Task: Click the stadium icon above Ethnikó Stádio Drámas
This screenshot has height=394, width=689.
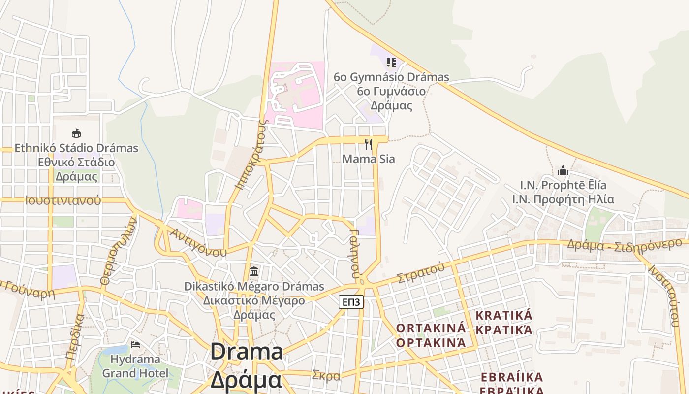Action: coord(76,133)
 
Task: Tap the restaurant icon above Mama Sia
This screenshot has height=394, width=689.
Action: coord(369,144)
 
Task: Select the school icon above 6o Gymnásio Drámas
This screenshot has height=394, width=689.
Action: coord(391,63)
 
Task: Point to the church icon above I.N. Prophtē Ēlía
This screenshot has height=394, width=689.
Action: coord(563,171)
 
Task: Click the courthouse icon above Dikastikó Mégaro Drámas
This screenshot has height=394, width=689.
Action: coord(254,271)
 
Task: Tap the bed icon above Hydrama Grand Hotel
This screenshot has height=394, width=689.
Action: coord(135,344)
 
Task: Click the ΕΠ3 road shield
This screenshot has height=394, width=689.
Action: coord(351,302)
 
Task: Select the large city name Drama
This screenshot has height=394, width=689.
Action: coord(247,352)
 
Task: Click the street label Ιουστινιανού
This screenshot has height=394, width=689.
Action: coord(63,200)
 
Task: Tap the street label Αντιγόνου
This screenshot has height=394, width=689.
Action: coord(198,242)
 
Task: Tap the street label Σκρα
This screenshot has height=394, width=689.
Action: coord(326,376)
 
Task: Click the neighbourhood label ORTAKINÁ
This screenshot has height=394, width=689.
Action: coord(431,328)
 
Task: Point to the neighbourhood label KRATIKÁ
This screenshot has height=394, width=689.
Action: coord(504,315)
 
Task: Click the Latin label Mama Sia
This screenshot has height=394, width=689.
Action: coord(369,159)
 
